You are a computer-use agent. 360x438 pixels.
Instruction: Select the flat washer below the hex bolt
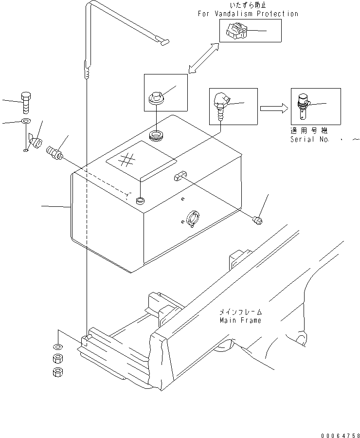tap(25, 121)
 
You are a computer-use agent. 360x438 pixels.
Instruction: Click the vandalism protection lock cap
tap(235, 32)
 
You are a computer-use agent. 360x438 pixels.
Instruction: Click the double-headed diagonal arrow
tap(204, 58)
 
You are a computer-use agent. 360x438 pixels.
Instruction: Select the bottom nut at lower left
tap(57, 373)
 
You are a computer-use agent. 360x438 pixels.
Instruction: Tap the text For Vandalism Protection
tap(248, 14)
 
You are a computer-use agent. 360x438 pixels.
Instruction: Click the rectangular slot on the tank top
tap(179, 175)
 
